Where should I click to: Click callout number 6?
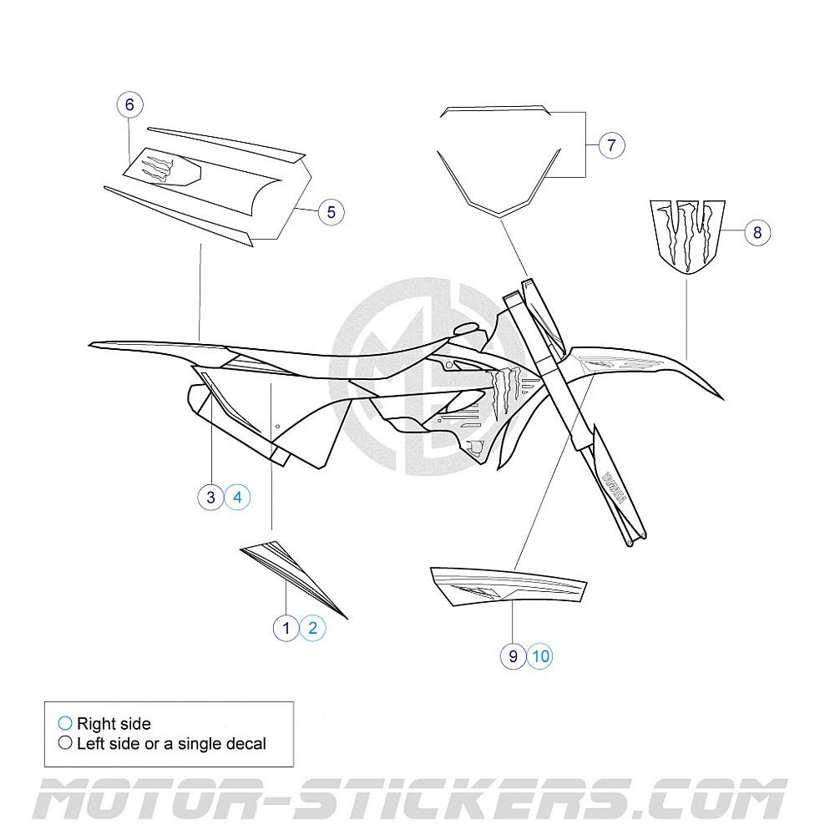(129, 104)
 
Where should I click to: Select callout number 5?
(331, 212)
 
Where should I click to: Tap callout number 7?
(611, 145)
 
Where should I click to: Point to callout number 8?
(757, 232)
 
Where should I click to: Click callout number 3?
(211, 498)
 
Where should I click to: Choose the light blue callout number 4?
(238, 498)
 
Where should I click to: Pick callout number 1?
(286, 628)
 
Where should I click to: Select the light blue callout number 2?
(313, 628)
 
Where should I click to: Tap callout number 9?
(514, 656)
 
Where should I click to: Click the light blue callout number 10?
(540, 656)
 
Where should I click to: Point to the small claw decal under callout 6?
(160, 168)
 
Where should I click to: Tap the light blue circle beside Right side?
(65, 724)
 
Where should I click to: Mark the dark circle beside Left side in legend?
(65, 743)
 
